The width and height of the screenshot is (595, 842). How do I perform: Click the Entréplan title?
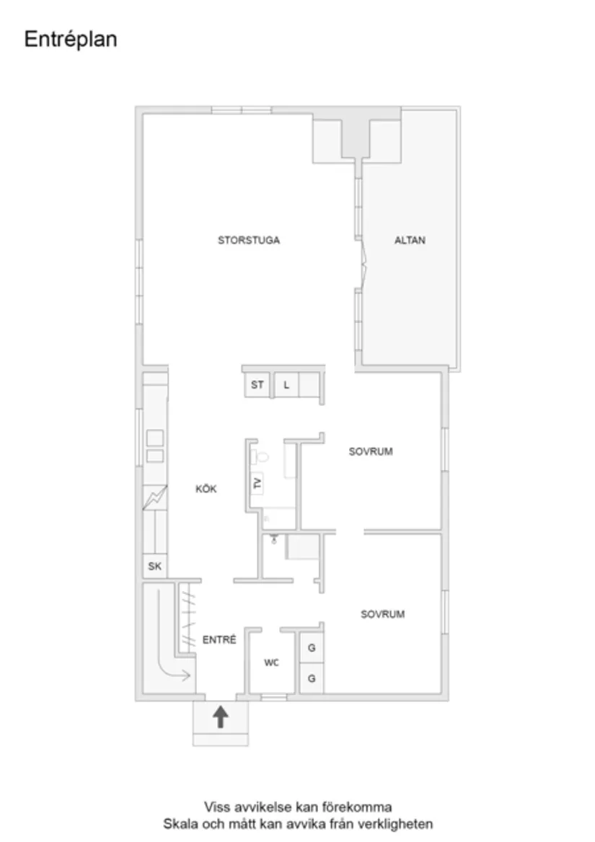(x=71, y=39)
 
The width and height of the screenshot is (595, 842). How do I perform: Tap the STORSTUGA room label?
(x=249, y=240)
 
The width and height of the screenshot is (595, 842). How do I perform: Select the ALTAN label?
(x=410, y=240)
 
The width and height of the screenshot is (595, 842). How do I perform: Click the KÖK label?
(x=206, y=489)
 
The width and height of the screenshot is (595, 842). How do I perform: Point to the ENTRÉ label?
(x=219, y=639)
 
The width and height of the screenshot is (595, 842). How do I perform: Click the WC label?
(x=271, y=662)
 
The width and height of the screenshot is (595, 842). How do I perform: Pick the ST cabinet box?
(x=257, y=385)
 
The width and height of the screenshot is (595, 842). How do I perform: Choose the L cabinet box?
(x=286, y=385)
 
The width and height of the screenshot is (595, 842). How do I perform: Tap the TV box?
(x=257, y=483)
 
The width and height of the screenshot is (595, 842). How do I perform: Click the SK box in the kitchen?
(x=154, y=567)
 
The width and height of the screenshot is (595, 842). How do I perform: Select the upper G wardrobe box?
(x=312, y=648)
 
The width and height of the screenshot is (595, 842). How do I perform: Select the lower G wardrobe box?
(x=312, y=678)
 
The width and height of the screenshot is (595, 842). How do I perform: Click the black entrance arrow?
(x=221, y=716)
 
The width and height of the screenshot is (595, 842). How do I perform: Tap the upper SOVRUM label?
(x=371, y=452)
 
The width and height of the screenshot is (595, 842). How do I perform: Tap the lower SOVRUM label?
(x=383, y=614)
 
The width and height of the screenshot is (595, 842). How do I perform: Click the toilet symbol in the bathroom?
(x=261, y=456)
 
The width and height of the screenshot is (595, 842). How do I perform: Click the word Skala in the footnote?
(x=177, y=823)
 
